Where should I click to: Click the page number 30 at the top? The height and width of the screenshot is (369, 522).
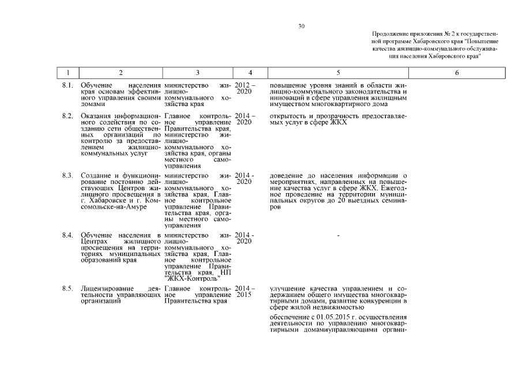[x=302, y=26]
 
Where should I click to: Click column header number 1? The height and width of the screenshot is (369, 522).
[x=69, y=73]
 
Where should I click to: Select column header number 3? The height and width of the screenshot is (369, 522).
[x=197, y=73]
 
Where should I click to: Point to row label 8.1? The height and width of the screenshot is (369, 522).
[x=67, y=85]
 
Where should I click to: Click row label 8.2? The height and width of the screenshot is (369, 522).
[x=67, y=116]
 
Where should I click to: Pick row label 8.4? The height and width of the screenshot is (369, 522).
[x=67, y=235]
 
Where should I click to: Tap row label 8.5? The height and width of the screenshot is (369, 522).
[x=67, y=288]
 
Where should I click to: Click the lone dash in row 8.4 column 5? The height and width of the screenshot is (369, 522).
[x=339, y=236]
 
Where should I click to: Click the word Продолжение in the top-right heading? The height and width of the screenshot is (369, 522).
[x=389, y=35]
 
